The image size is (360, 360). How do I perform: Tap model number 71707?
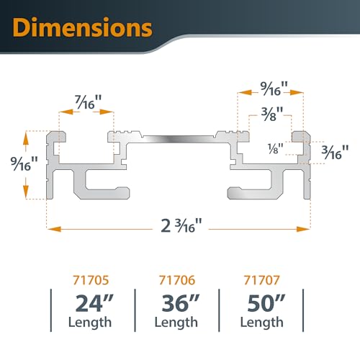[x=261, y=274]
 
